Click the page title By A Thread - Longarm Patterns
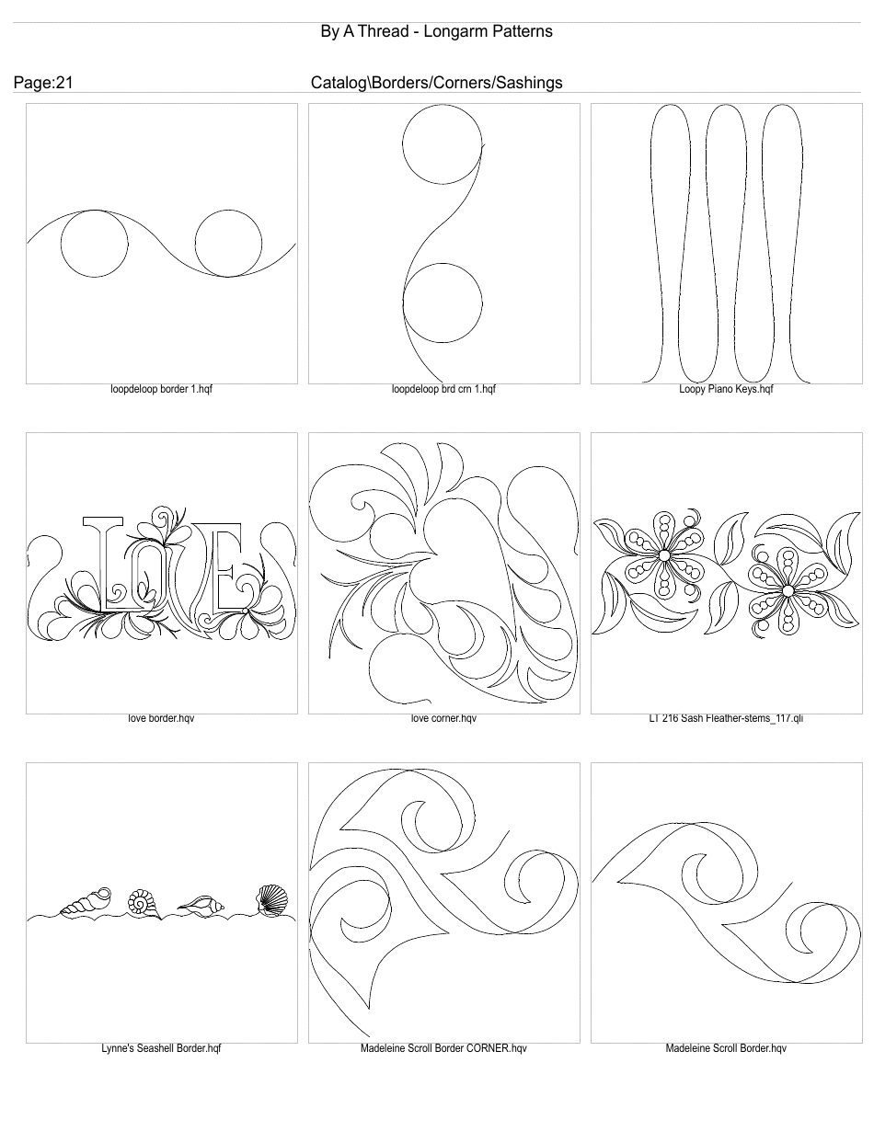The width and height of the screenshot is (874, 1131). pos(436,31)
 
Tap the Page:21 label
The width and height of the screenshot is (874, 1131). pos(43,83)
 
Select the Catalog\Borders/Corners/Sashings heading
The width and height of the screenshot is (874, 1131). pos(436,83)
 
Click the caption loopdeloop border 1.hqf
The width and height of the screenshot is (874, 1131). pos(162,389)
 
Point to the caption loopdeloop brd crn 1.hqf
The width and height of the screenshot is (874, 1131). pos(443,389)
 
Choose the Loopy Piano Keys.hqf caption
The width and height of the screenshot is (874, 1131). pos(726,389)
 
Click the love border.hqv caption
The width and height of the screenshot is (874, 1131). pos(162,718)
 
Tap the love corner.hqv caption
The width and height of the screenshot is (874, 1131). pos(443,718)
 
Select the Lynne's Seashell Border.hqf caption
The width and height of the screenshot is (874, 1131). pos(162,1048)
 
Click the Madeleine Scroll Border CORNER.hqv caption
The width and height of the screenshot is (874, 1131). pos(443,1048)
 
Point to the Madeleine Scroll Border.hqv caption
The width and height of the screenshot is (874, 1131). pos(726,1048)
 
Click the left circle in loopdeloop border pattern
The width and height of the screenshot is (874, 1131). pos(95,243)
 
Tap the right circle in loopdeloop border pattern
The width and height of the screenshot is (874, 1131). pos(229,243)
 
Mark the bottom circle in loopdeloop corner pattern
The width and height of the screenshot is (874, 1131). pos(443,303)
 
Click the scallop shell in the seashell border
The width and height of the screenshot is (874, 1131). pos(270,899)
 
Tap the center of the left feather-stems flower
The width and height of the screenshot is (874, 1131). pos(663,555)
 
